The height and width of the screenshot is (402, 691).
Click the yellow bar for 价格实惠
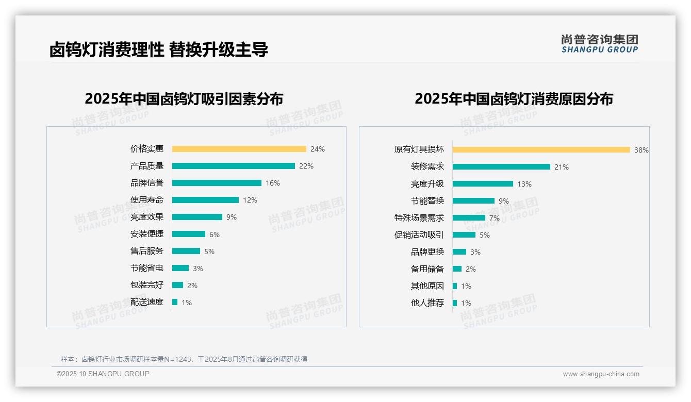pos(239,149)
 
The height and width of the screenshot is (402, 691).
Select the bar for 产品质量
pos(233,166)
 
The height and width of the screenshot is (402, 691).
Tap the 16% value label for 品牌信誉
pos(273,183)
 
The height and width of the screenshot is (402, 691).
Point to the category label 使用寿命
pos(146,200)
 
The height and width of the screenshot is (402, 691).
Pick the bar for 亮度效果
pos(197,217)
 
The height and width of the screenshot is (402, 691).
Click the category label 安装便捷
pos(146,234)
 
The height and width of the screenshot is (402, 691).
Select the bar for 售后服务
pos(186,251)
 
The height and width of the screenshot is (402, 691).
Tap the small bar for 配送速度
pos(175,302)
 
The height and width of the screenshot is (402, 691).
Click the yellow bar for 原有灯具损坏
pos(541,150)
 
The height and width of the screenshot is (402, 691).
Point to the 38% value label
pos(641,150)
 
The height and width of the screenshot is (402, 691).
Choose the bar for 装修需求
pos(501,167)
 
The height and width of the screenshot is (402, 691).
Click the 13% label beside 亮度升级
pos(524,184)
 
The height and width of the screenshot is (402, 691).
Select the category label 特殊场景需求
pos(419,218)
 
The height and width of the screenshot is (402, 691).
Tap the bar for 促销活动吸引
pos(464,235)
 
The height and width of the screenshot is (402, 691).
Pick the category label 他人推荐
pos(427,303)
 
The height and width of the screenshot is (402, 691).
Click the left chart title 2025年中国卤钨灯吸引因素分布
pos(184,98)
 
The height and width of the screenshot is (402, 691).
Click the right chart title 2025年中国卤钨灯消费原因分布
pos(514,98)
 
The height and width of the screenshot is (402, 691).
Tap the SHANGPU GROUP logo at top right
pos(599,44)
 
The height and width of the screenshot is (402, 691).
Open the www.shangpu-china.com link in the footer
pos(601,374)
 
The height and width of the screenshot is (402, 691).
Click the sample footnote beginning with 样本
pos(184,359)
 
